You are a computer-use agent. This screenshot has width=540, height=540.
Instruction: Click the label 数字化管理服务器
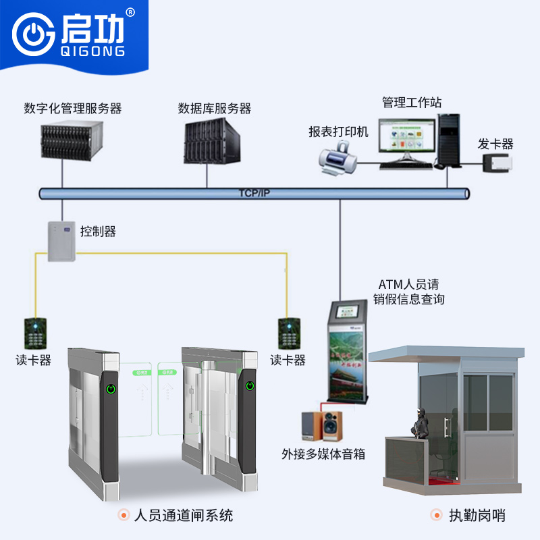pyautogui.click(x=72, y=108)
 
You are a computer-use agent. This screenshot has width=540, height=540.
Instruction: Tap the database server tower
pyautogui.click(x=210, y=140)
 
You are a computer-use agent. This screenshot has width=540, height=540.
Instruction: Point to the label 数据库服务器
pyautogui.click(x=215, y=108)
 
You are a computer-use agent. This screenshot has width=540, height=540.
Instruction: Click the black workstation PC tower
pyautogui.click(x=448, y=140)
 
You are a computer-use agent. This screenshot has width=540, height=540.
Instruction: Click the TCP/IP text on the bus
pyautogui.click(x=254, y=193)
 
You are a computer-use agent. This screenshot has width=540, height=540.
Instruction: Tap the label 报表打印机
pyautogui.click(x=339, y=132)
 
